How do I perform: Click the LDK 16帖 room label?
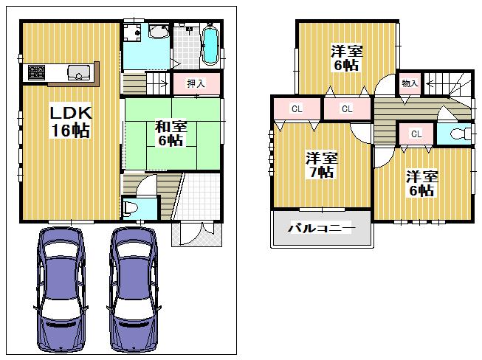tap(70, 122)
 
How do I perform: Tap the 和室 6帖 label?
tap(171, 134)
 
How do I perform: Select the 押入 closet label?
tap(195, 84)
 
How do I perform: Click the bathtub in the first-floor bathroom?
tap(209, 44)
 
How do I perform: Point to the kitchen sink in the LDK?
tap(78, 72)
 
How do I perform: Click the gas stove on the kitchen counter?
tap(36, 72)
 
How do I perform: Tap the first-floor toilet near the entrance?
tap(131, 208)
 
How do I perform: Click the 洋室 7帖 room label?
tap(323, 165)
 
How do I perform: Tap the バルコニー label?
tap(322, 229)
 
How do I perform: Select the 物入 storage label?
tap(410, 83)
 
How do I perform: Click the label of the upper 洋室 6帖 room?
tap(345, 58)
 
